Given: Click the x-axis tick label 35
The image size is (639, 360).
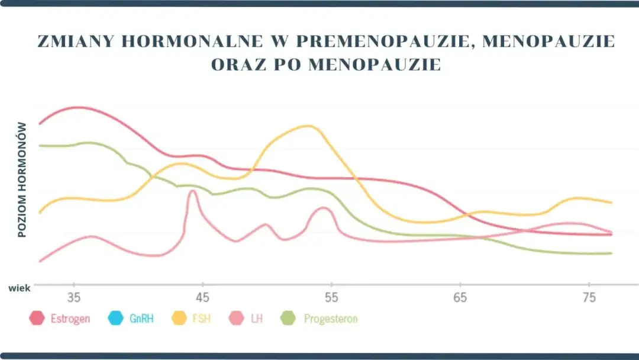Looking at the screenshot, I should coord(74,297).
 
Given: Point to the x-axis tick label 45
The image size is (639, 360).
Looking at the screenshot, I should coord(203,297).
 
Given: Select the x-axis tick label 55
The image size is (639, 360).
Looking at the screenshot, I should coord(331,297).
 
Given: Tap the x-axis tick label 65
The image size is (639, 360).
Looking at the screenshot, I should coord(460,297).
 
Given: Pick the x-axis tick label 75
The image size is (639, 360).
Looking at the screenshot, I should coord(589,297).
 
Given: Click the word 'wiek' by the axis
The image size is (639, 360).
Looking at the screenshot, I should coord(18,288).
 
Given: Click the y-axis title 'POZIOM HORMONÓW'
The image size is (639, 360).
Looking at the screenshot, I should coord(22,179).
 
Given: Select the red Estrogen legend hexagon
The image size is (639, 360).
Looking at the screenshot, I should coord(37,319).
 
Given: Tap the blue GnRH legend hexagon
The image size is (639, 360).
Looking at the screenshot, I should coord(116,319).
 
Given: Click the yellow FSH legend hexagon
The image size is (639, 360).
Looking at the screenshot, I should coord(179,319).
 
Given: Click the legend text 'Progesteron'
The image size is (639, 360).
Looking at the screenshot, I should coord(330,319).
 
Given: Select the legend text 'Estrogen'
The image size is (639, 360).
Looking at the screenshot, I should coord(70,319).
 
